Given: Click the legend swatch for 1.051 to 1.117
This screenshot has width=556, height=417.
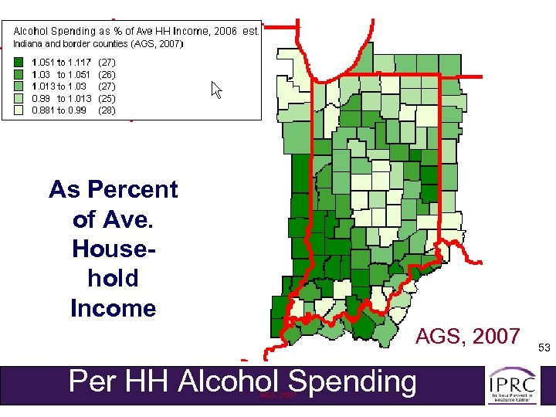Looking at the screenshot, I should click(18, 61).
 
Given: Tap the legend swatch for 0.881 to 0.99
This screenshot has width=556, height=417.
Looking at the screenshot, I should click(18, 110).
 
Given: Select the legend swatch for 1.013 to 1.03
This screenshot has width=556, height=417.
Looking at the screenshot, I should click(18, 86).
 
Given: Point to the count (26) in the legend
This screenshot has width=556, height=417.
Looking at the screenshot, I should click(108, 73).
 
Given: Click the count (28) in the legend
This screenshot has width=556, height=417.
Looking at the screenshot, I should click(108, 110).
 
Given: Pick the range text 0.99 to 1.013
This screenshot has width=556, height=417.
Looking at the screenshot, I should click(61, 98).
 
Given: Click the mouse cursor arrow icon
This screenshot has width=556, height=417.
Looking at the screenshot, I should click(216, 90).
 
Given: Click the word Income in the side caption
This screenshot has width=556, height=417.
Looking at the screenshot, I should click(113, 308).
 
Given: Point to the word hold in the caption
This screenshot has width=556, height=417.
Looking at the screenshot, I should click(113, 278).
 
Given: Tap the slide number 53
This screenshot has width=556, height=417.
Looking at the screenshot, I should click(544, 348).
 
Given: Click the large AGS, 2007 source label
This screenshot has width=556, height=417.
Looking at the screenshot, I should click(467, 336).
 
